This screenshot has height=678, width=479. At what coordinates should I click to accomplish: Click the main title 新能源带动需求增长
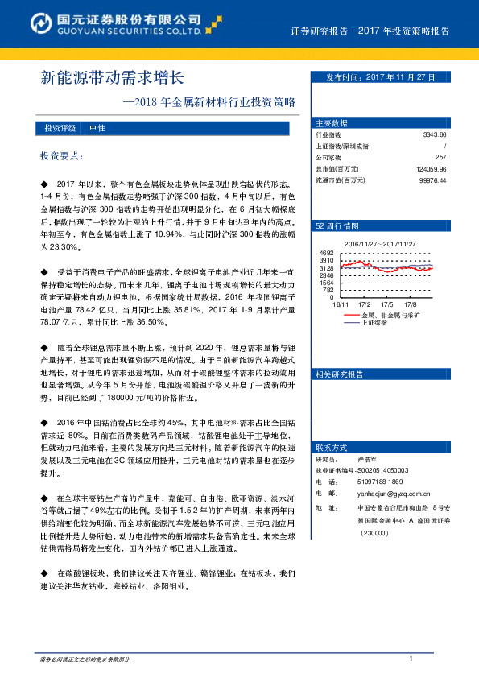pos(113,78)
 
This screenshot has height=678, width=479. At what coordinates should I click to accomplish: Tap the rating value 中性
pos(97,129)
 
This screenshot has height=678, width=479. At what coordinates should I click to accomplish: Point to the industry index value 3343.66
pos(434,135)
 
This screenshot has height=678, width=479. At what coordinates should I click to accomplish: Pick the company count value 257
pos(440,158)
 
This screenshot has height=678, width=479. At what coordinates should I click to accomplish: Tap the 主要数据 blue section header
pos(332,123)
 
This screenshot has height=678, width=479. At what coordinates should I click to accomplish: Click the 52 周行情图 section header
pos(336,228)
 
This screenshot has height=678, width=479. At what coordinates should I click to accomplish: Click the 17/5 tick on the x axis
pos(387,304)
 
